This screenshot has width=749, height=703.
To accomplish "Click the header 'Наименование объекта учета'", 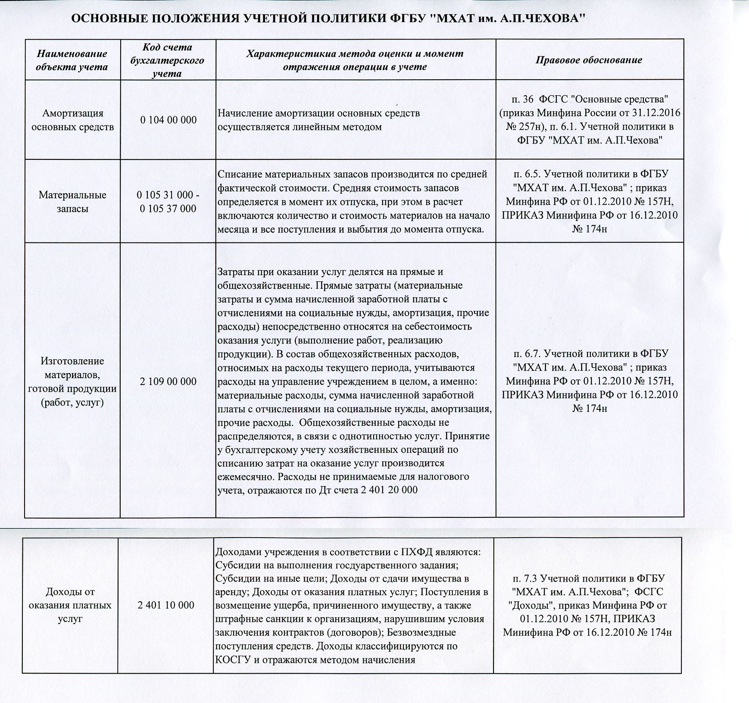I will (72, 60).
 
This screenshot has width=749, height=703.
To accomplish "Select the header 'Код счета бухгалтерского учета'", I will (167, 60).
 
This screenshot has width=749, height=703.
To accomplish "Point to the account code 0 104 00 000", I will (168, 120).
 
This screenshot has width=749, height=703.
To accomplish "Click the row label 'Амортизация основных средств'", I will (72, 120).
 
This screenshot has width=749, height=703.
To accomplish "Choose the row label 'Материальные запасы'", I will (72, 202).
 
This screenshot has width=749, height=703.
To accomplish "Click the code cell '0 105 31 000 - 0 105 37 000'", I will (168, 202).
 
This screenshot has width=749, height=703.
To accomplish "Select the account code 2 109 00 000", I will (168, 381).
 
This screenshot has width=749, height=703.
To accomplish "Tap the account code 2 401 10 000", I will (165, 605).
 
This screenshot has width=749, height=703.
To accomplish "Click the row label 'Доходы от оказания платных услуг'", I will (70, 605).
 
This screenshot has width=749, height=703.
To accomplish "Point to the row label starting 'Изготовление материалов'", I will (72, 382).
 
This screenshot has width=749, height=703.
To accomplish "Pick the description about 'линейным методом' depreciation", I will (318, 120).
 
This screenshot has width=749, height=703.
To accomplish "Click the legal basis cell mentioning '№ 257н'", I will (589, 120).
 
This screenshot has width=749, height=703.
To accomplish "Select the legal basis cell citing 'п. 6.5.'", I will (589, 202).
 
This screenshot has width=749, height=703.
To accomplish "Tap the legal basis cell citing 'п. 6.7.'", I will (589, 381).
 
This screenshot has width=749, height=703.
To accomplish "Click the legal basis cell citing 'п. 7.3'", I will (587, 605).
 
